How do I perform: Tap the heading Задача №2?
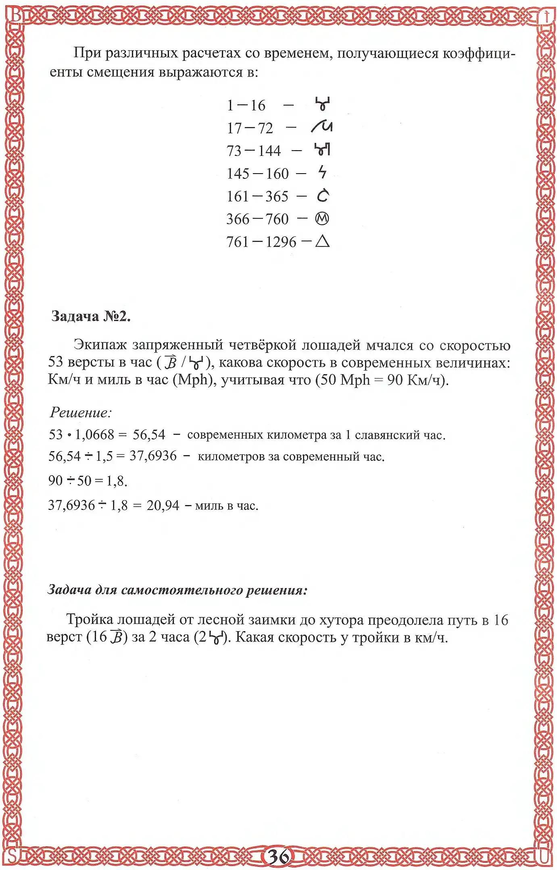[x=91, y=317]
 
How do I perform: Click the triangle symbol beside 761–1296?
[x=322, y=242]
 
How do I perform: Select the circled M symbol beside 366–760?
[x=322, y=219]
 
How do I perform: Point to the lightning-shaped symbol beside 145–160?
[x=322, y=172]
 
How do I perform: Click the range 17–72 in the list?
[x=250, y=128]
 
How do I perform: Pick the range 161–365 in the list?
[x=257, y=197]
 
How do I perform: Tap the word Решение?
[x=80, y=412]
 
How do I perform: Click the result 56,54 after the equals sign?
[x=149, y=435]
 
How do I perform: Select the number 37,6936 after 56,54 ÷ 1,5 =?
[x=153, y=456]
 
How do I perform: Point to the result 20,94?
[x=163, y=505]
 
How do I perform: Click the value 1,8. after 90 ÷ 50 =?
[x=117, y=481]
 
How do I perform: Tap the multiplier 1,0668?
[x=95, y=435]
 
